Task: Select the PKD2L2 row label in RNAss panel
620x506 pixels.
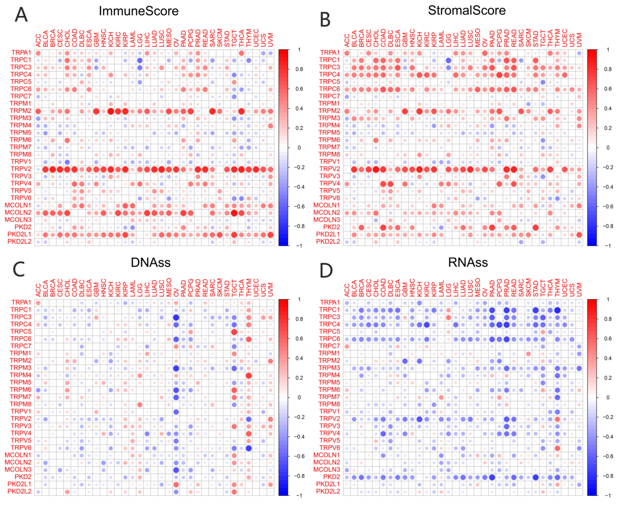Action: [x=328, y=491]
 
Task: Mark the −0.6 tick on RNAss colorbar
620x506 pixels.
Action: [x=607, y=456]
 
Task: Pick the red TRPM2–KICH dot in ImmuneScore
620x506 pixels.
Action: [x=111, y=111]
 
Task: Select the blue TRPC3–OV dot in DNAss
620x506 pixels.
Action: [x=176, y=317]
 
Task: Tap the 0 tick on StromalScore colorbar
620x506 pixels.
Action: [x=607, y=147]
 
